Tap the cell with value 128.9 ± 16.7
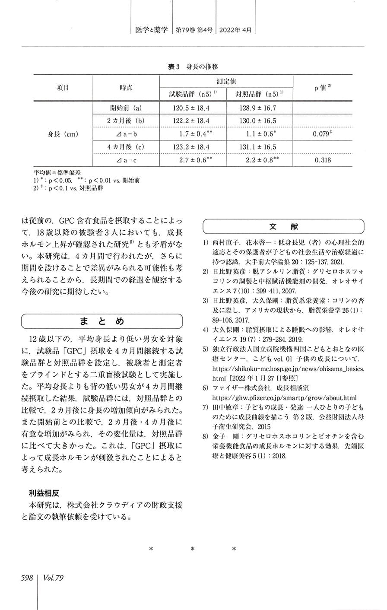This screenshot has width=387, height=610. point(257,108)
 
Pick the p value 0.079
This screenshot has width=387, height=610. point(322,134)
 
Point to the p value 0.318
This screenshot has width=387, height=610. point(322,160)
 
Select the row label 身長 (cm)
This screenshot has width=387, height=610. point(63,134)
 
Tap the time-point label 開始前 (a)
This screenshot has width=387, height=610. point(127,108)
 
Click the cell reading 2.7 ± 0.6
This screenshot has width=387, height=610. point(193,160)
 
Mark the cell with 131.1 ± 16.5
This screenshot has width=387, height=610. point(257,147)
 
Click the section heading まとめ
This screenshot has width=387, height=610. point(102,321)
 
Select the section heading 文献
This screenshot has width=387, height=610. point(283,227)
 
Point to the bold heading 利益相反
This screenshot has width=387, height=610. point(44,492)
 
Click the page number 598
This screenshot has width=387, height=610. point(27,578)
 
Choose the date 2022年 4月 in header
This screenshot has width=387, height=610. point(235,30)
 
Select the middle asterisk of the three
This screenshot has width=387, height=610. point(192,550)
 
